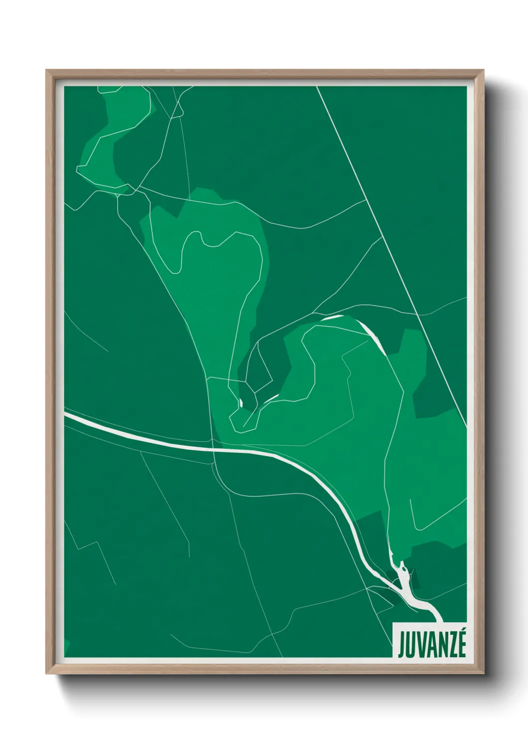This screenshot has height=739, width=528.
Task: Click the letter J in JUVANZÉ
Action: click(x=401, y=645)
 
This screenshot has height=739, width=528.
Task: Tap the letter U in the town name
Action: click(x=410, y=645)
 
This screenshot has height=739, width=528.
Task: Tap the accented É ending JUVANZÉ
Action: click(x=462, y=644)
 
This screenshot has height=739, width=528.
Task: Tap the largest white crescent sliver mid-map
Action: click(x=372, y=335)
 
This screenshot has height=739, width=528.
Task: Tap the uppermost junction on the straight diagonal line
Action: click(x=367, y=199)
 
